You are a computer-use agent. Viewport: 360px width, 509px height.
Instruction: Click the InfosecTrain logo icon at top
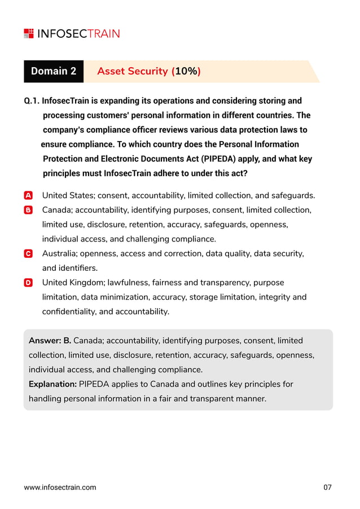coord(29,33)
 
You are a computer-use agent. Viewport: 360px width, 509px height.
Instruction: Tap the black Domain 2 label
coord(54,72)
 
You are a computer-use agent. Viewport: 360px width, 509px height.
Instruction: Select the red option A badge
coord(29,196)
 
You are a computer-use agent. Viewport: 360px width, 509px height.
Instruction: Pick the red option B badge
coord(29,210)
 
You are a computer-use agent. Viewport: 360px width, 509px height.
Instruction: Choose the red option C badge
coord(29,254)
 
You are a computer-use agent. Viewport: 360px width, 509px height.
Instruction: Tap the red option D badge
coord(29,283)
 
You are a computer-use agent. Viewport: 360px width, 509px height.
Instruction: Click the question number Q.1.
coord(31,101)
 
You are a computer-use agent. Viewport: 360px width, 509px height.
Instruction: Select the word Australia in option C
coord(60,254)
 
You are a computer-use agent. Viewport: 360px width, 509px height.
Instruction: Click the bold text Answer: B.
coord(50,341)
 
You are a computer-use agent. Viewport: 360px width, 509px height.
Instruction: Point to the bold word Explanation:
coord(52,384)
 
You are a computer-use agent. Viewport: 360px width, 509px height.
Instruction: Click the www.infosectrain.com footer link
coord(60,488)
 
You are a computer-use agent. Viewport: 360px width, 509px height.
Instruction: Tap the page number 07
coord(328,488)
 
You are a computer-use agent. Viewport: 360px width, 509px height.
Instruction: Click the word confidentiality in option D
coord(68,311)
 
